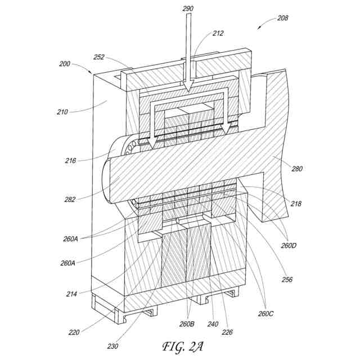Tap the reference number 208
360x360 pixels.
[282, 18]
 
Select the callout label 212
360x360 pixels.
[218, 33]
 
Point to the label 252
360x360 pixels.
[99, 57]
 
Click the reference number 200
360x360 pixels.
[65, 64]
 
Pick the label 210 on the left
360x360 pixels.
[62, 112]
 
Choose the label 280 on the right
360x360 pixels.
[298, 168]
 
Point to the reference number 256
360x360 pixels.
[287, 280]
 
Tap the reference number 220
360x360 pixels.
[74, 332]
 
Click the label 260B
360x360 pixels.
[187, 325]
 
